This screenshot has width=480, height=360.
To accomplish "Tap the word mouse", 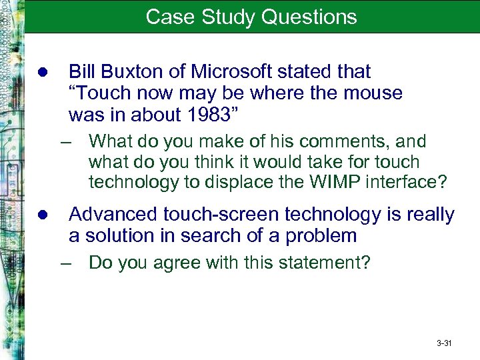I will [x=373, y=93].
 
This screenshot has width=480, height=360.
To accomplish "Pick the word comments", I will [x=347, y=141].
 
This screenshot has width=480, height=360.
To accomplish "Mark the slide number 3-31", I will [x=444, y=343].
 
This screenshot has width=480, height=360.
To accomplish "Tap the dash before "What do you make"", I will [x=65, y=142].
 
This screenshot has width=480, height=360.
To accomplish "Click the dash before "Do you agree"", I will [x=65, y=263].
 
